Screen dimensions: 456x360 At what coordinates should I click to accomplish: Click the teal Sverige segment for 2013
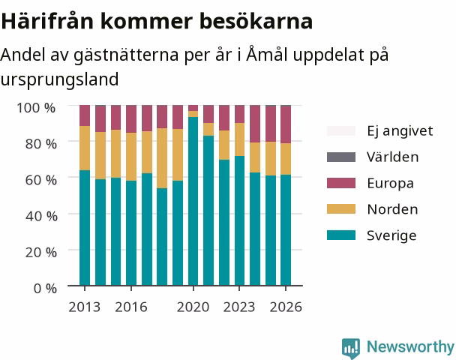[x=85, y=228]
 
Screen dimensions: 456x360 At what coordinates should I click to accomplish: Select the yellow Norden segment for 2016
[x=131, y=157]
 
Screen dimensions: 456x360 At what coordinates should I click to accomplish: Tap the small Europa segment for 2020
[x=193, y=108]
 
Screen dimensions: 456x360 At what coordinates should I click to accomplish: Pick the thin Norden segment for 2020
[x=193, y=114]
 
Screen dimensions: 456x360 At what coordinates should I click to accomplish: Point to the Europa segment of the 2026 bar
[x=286, y=124]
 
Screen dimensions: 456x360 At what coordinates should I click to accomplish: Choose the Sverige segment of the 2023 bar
[x=240, y=220]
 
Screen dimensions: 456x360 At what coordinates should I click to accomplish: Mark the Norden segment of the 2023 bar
[x=240, y=139]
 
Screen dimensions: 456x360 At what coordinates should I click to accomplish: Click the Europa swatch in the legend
[x=341, y=183]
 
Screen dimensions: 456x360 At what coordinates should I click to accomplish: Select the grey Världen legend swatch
[x=341, y=157]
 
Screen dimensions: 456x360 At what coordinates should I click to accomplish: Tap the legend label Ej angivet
[x=400, y=131]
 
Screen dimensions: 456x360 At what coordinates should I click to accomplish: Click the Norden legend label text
[x=392, y=209]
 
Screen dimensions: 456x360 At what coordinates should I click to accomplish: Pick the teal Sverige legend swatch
[x=341, y=235]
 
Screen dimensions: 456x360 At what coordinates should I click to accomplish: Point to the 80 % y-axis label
[x=41, y=144]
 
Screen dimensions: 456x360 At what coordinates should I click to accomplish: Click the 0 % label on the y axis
[x=45, y=289]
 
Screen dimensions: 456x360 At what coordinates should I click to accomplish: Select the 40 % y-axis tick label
[x=41, y=216]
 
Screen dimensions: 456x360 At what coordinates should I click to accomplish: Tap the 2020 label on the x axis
[x=193, y=307]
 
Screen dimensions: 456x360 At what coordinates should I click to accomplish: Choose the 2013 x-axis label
[x=85, y=307]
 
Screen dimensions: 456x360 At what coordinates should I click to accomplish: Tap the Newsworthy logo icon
[x=351, y=348]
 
